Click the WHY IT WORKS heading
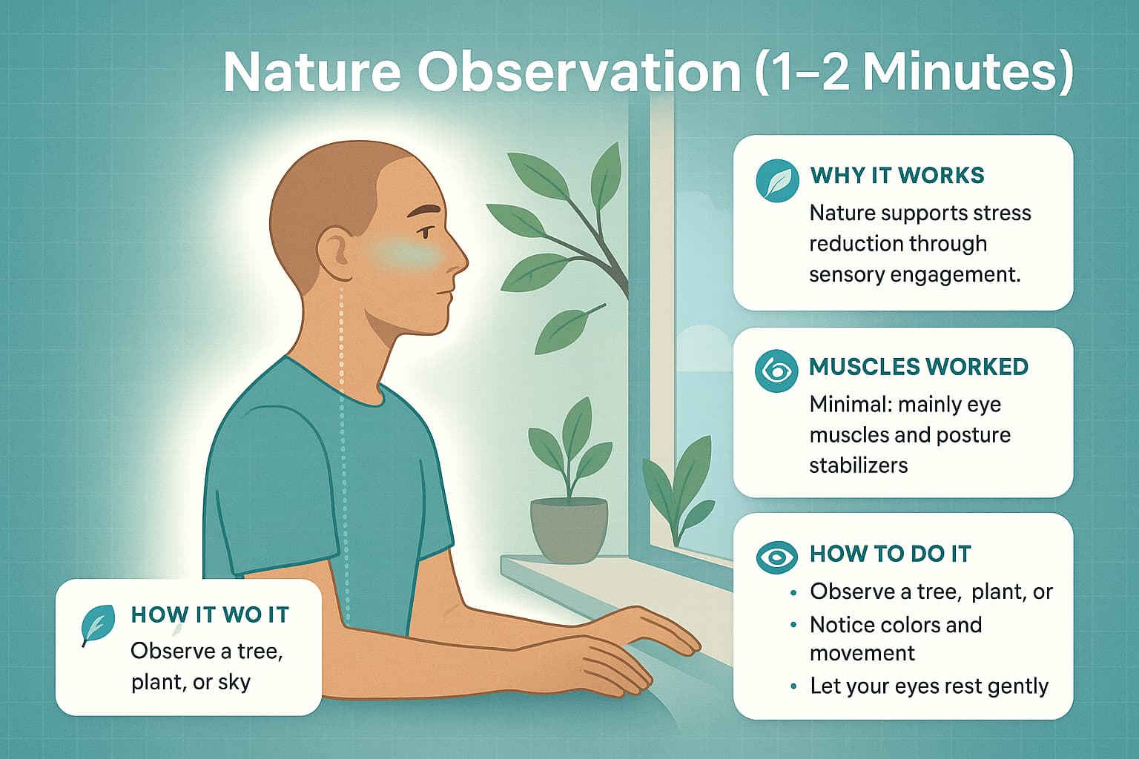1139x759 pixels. point(897,176)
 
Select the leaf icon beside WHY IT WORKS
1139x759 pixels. point(777,180)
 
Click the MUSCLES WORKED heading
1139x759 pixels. point(919,367)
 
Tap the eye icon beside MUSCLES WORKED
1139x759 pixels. point(776,370)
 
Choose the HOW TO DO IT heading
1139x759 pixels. point(890,554)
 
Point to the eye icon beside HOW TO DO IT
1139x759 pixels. point(776,557)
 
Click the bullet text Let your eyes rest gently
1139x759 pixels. point(929,686)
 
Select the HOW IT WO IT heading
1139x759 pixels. point(210,614)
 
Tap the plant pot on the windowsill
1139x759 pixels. point(569,528)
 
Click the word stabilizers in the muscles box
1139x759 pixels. point(858,465)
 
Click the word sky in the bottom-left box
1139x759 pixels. point(234,682)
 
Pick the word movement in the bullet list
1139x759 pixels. point(862,654)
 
